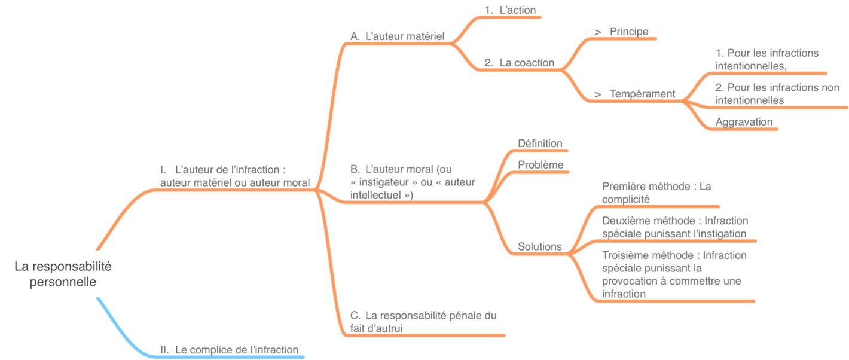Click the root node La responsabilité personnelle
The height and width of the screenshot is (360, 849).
coord(63,273)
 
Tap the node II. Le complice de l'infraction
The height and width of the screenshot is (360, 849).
coord(230,350)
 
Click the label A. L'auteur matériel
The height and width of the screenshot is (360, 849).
coord(397,36)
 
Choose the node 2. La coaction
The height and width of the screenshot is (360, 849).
coord(519,62)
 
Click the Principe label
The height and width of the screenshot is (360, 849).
coord(628,32)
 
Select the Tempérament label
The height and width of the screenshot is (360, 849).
coord(642,94)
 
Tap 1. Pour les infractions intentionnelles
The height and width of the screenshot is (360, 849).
coord(766,59)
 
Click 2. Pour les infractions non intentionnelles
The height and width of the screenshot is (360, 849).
coord(777,94)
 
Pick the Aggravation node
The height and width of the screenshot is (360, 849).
coord(744,122)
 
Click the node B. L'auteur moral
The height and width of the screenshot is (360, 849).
coord(413,182)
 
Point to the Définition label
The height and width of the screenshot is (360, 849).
coord(540,144)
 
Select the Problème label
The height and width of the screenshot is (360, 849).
coord(540,164)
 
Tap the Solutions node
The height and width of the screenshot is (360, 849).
coord(539,246)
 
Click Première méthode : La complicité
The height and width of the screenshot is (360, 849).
coord(656,193)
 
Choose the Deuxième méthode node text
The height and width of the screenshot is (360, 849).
coord(674,227)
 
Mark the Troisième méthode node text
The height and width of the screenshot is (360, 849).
coord(674,274)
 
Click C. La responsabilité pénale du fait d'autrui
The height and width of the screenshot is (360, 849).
coord(423,321)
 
